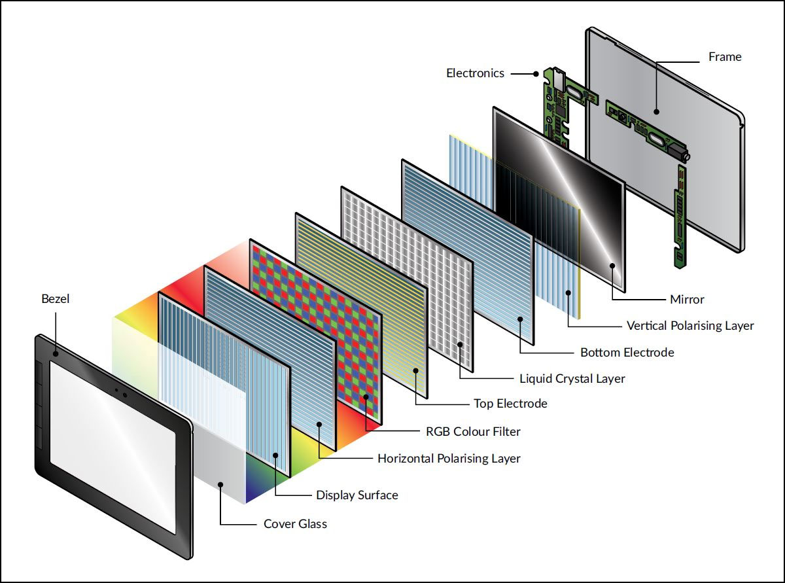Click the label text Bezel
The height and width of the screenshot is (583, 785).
(55, 299)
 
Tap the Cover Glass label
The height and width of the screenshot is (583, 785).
(295, 523)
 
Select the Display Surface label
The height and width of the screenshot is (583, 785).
(357, 495)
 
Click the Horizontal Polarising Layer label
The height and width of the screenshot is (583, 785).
(449, 459)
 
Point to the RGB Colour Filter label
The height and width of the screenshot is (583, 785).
(473, 431)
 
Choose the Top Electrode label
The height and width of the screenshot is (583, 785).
(510, 404)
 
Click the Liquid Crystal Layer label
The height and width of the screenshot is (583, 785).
(572, 378)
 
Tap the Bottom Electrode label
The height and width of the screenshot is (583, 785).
(627, 352)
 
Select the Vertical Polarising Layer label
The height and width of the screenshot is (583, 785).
(690, 326)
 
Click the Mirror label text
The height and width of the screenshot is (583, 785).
(687, 300)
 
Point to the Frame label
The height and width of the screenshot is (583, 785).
(725, 57)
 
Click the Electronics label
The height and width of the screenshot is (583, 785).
(475, 73)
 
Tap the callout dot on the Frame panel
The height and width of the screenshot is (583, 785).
(657, 111)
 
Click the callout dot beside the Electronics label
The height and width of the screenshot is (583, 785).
(536, 74)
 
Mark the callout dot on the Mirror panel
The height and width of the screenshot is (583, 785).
(612, 266)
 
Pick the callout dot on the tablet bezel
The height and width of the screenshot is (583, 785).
(56, 353)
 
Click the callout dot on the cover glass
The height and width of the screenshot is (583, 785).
(220, 484)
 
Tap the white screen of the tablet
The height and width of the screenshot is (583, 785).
(113, 447)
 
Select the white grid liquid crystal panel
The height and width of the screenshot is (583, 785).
(407, 279)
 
